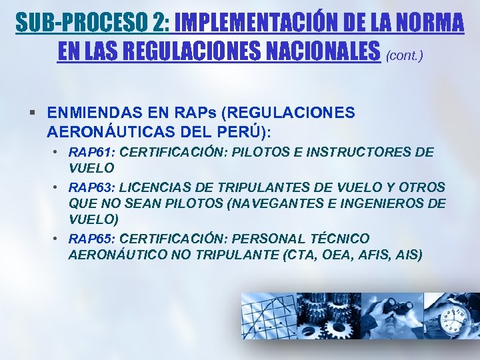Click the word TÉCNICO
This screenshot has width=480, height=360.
click(x=337, y=239)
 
